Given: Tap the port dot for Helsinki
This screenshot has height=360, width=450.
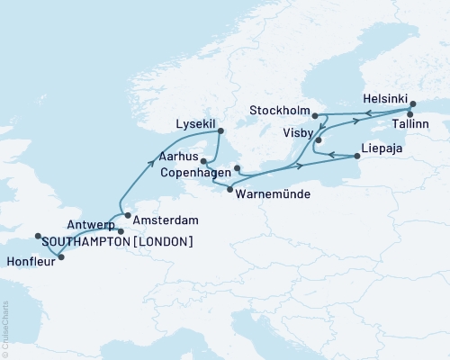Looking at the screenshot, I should pyautogui.click(x=413, y=103).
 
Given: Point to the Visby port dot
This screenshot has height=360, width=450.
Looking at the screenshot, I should pyautogui.click(x=319, y=141).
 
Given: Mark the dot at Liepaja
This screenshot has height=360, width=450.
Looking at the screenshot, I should pyautogui.click(x=358, y=156).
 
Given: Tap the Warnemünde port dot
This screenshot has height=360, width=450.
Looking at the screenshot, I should pyautogui.click(x=230, y=188).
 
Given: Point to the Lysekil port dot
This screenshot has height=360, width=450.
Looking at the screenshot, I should pyautogui.click(x=220, y=132).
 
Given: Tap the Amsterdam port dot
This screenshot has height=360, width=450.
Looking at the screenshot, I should pyautogui.click(x=128, y=215).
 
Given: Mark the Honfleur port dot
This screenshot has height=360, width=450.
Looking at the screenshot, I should pyautogui.click(x=60, y=257).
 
